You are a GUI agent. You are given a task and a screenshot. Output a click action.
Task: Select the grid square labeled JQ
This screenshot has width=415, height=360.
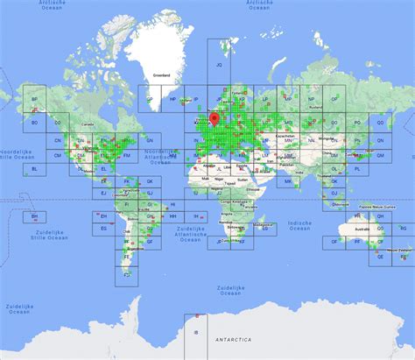pyautogui.click(x=220, y=65)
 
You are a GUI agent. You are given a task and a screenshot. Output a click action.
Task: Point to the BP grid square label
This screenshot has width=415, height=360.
pyautogui.click(x=35, y=99)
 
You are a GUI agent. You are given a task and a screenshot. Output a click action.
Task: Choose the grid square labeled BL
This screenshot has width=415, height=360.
pyautogui.click(x=35, y=167)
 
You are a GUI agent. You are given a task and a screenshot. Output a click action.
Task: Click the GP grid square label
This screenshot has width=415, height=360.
pyautogui.click(x=150, y=99)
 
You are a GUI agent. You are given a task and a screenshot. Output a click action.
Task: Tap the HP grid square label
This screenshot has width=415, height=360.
pyautogui.click(x=173, y=99)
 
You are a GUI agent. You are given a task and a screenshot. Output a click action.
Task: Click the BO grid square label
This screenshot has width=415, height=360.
pyautogui.click(x=35, y=123)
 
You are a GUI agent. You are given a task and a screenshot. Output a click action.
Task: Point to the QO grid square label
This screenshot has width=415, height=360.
pyautogui.click(x=381, y=123)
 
